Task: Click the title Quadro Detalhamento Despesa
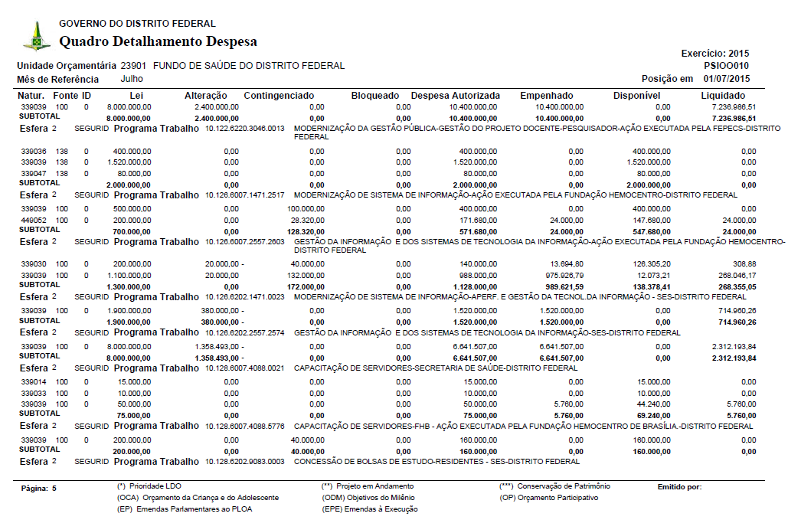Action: click(158, 41)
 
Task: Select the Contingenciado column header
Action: click(279, 96)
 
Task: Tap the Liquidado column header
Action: click(728, 96)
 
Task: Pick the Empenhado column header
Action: click(546, 96)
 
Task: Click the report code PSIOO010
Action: click(728, 66)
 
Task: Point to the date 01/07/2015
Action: click(727, 79)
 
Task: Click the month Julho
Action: click(132, 79)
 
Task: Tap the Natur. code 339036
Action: click(34, 152)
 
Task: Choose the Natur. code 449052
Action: click(34, 220)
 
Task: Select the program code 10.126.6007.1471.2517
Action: click(245, 195)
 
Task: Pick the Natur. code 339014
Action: click(34, 381)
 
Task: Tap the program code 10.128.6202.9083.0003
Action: click(245, 462)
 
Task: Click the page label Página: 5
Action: click(39, 488)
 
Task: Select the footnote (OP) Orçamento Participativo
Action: click(548, 498)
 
